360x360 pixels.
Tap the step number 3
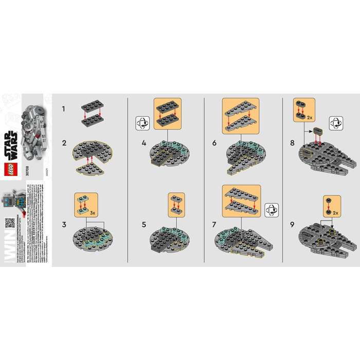64,224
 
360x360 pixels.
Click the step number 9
292,224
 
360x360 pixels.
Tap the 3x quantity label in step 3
92,211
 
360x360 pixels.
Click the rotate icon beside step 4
142,124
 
